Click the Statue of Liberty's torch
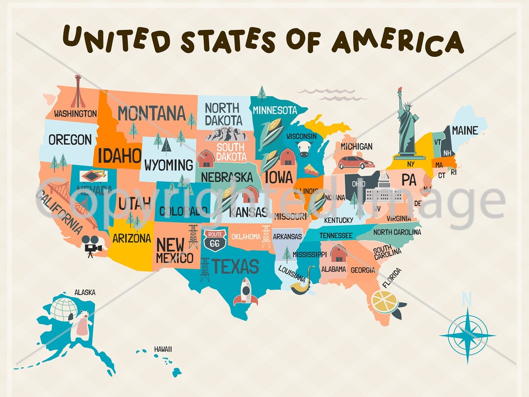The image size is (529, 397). pyautogui.click(x=399, y=90)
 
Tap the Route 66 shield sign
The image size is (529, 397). pyautogui.click(x=216, y=239)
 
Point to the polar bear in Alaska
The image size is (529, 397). pyautogui.click(x=82, y=326)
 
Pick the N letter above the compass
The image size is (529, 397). pyautogui.click(x=467, y=298)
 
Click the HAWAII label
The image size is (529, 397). pyautogui.click(x=163, y=349)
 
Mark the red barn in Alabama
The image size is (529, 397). pyautogui.click(x=338, y=253)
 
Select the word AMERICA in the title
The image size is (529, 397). pyautogui.click(x=397, y=40)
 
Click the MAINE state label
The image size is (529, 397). pyautogui.click(x=464, y=130)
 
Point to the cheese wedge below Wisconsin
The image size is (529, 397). pyautogui.click(x=311, y=170)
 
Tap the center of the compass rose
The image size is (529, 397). pyautogui.click(x=467, y=336)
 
